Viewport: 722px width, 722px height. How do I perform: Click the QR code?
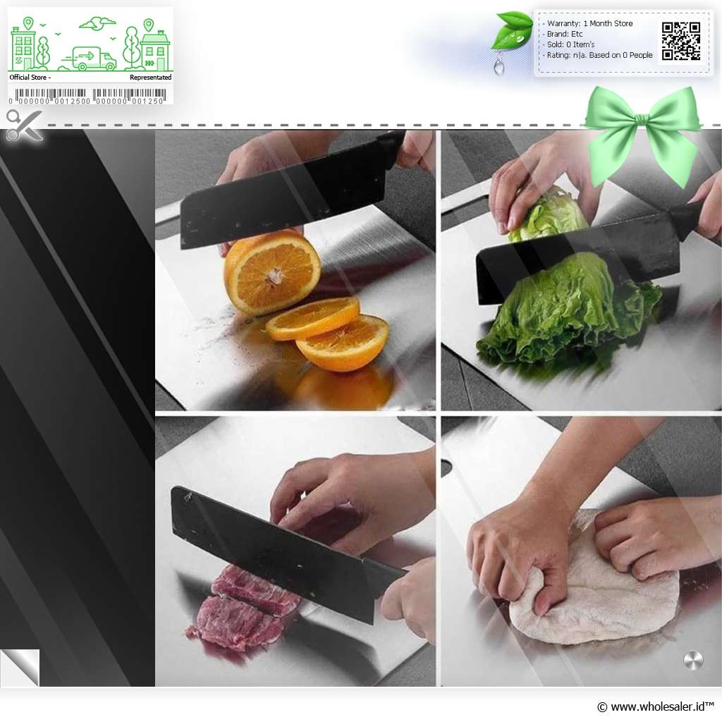tap(681, 42)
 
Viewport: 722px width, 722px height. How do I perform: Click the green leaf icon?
tap(512, 30)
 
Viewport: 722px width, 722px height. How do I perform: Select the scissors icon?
tap(24, 125)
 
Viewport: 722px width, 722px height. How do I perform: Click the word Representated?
tap(151, 78)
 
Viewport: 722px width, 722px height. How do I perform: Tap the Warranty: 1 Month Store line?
tap(590, 23)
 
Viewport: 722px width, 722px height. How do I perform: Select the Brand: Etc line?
tap(565, 34)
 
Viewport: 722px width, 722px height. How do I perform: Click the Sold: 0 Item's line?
tap(571, 44)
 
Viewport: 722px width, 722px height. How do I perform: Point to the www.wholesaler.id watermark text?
tap(656, 706)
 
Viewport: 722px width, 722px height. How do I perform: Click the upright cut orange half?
tap(271, 273)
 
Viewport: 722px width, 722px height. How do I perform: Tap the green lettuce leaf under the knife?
tap(570, 311)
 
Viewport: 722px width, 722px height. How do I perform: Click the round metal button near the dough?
tap(693, 660)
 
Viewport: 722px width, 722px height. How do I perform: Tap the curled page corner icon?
tap(20, 667)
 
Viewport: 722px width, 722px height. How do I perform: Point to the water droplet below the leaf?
tap(499, 66)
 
